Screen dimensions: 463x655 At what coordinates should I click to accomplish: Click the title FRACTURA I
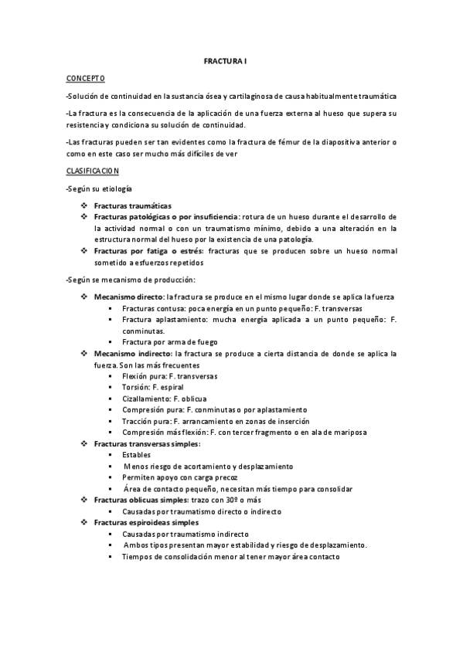tap(231, 59)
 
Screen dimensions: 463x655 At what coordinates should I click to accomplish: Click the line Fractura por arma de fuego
tap(169, 341)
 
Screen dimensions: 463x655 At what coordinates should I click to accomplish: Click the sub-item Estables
tap(137, 455)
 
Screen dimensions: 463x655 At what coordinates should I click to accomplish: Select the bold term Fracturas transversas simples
tap(146, 444)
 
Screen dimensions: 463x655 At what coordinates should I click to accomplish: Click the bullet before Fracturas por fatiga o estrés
tap(83, 252)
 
